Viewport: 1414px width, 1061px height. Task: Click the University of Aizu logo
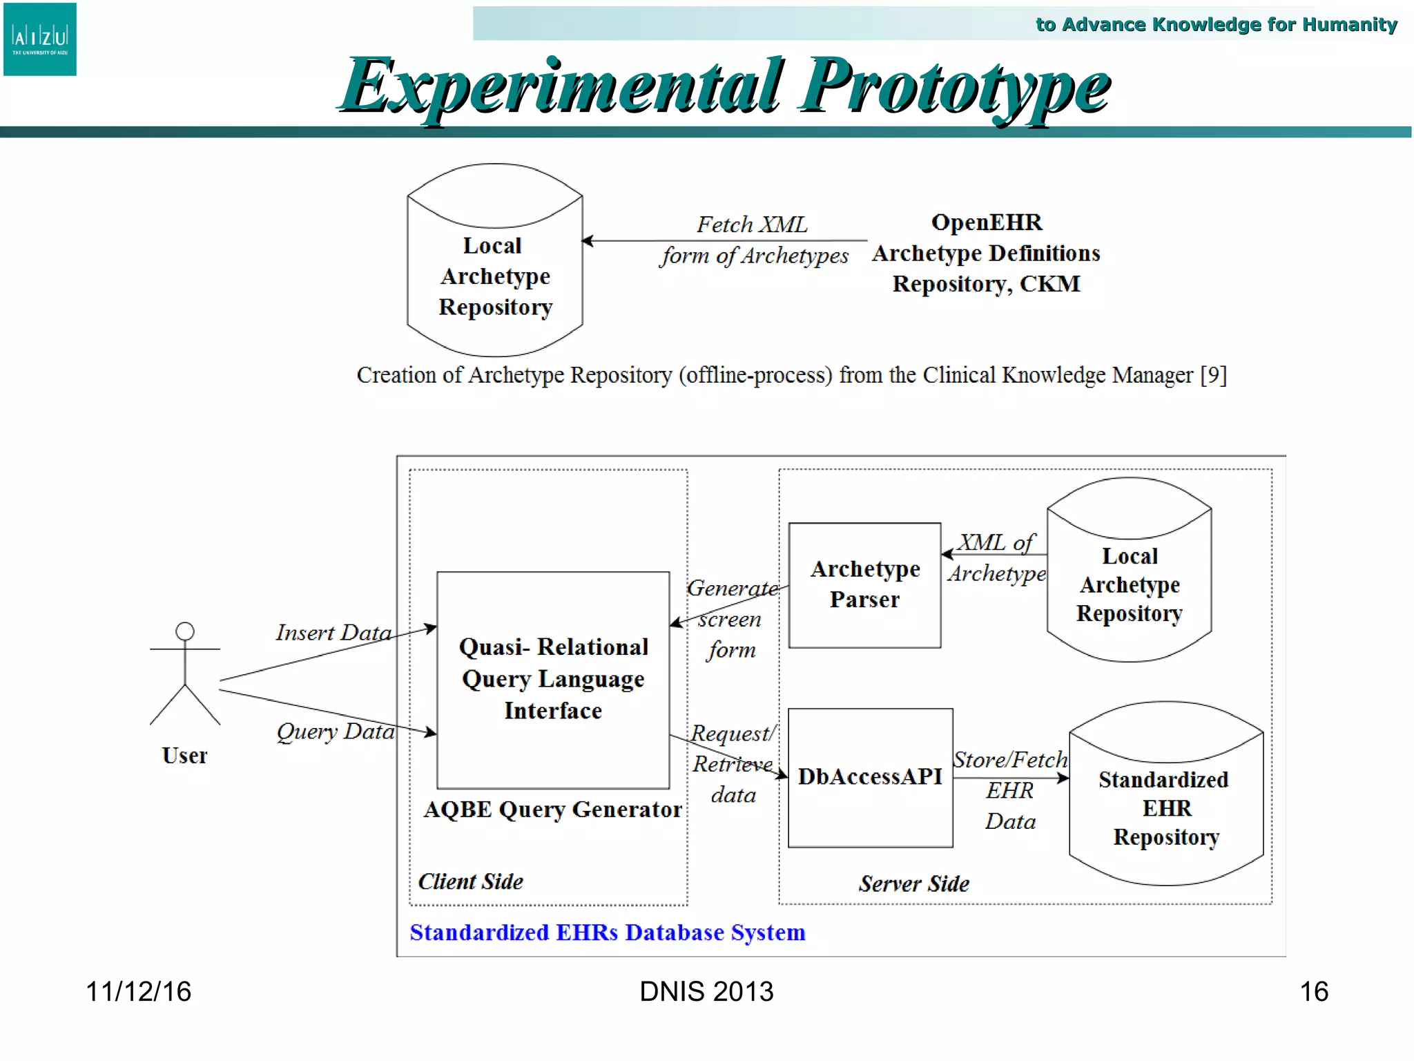tap(39, 39)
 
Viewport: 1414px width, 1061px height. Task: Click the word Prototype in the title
tap(954, 87)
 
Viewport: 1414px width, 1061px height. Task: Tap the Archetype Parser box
tap(864, 584)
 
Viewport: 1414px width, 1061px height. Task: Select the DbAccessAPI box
tap(870, 777)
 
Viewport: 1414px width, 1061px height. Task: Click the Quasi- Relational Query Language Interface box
tap(553, 679)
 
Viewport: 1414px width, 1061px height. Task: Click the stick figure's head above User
tap(184, 631)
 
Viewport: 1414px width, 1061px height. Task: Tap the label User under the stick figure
tap(184, 755)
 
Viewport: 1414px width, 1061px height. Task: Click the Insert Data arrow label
tap(333, 632)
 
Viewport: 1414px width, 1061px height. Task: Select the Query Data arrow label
tap(336, 731)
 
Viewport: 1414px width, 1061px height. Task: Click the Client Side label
tap(470, 881)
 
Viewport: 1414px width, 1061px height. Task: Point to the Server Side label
tap(913, 883)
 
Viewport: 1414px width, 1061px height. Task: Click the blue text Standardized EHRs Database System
tap(607, 933)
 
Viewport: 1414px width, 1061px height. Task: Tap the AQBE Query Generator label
tap(552, 809)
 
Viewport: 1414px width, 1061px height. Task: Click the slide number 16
tap(1313, 991)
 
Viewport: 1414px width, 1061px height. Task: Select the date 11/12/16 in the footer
tap(138, 991)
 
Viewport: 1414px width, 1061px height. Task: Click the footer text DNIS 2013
tap(706, 991)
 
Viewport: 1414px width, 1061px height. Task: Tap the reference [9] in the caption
tap(1213, 375)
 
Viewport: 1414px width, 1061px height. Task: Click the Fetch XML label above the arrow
tap(751, 224)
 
